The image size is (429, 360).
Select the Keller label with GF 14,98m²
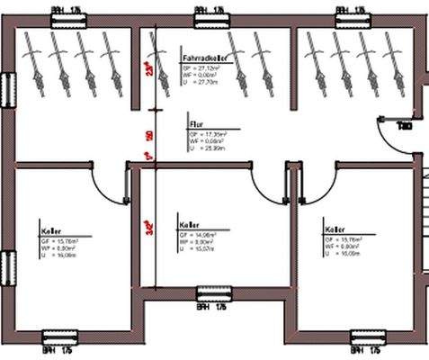(x=189, y=225)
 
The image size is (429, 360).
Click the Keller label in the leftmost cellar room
(x=50, y=230)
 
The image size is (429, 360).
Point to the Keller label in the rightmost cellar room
(x=335, y=230)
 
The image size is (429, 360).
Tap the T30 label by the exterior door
(x=405, y=127)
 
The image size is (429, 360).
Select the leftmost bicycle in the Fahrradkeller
(x=33, y=56)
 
